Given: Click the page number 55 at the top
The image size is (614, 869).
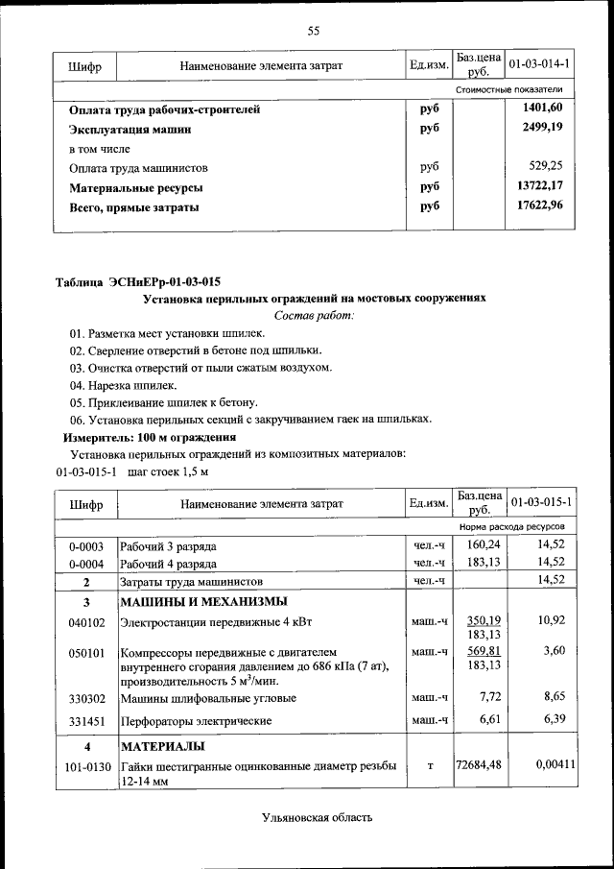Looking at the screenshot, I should (313, 32).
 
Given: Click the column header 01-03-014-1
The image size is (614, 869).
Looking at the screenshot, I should (540, 64).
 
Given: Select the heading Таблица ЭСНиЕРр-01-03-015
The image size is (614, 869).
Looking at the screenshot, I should (138, 281).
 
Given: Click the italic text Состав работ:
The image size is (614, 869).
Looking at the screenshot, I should (314, 315).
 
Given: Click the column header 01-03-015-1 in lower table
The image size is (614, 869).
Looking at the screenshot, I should (540, 502).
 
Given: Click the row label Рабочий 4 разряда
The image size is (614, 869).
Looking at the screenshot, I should (168, 564).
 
